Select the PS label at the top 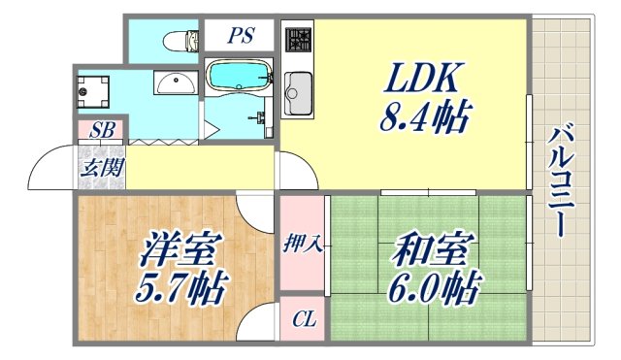click(x=241, y=38)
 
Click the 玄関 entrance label click(x=101, y=167)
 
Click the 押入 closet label click(x=303, y=243)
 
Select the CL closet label click(x=303, y=317)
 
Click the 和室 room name click(x=429, y=247)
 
